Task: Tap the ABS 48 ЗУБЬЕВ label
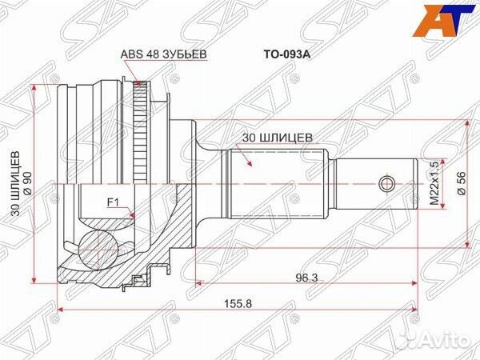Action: [x=165, y=54]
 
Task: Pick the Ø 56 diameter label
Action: [x=461, y=184]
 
